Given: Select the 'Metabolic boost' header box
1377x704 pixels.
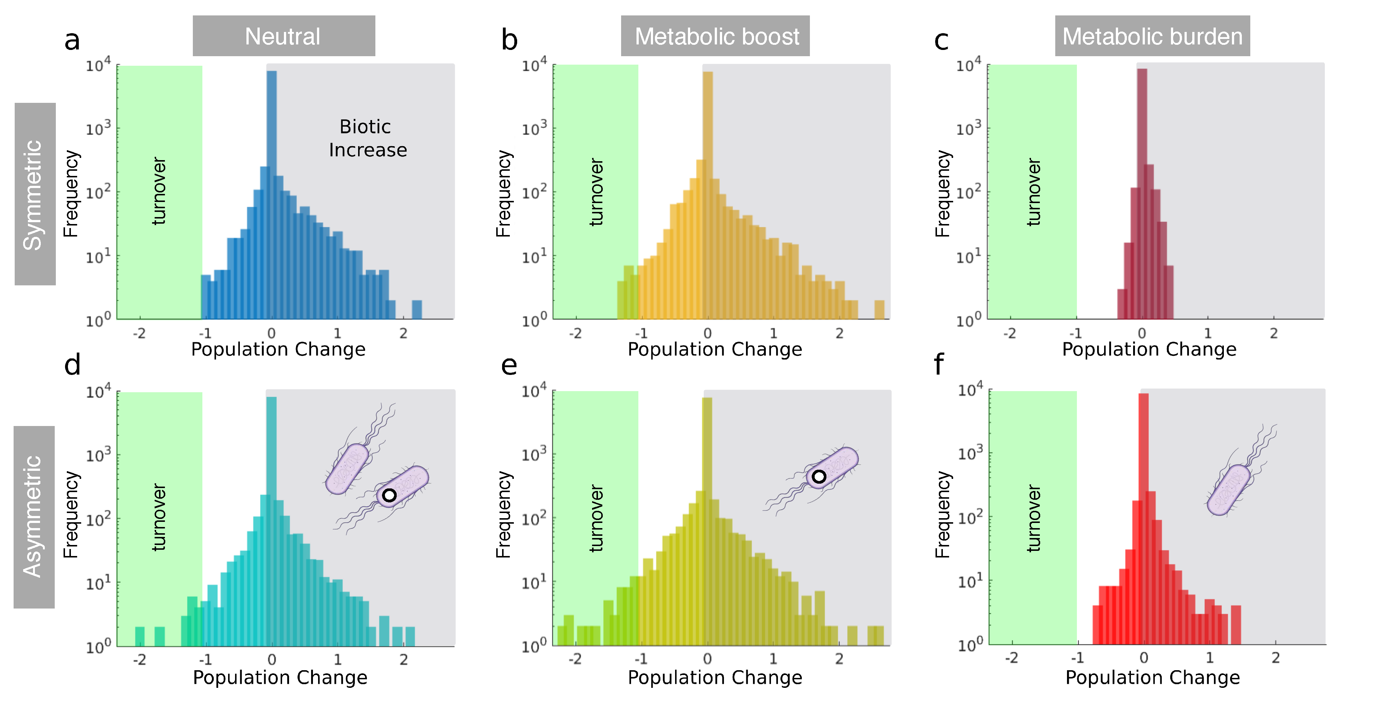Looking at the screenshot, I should pyautogui.click(x=715, y=36).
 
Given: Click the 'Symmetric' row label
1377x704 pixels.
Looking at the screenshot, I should pyautogui.click(x=34, y=194).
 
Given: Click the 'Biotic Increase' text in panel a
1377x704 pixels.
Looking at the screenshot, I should pyautogui.click(x=367, y=138).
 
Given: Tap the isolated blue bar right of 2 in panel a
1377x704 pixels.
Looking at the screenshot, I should pyautogui.click(x=417, y=310).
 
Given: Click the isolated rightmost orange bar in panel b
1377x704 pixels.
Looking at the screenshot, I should pyautogui.click(x=879, y=310).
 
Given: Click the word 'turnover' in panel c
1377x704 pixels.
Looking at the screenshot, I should pyautogui.click(x=1034, y=191).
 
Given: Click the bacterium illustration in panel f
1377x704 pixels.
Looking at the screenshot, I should pyautogui.click(x=1229, y=489).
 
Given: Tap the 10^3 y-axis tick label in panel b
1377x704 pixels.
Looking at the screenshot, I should pyautogui.click(x=533, y=128).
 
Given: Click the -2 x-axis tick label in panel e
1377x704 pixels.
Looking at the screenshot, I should pyautogui.click(x=575, y=659).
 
